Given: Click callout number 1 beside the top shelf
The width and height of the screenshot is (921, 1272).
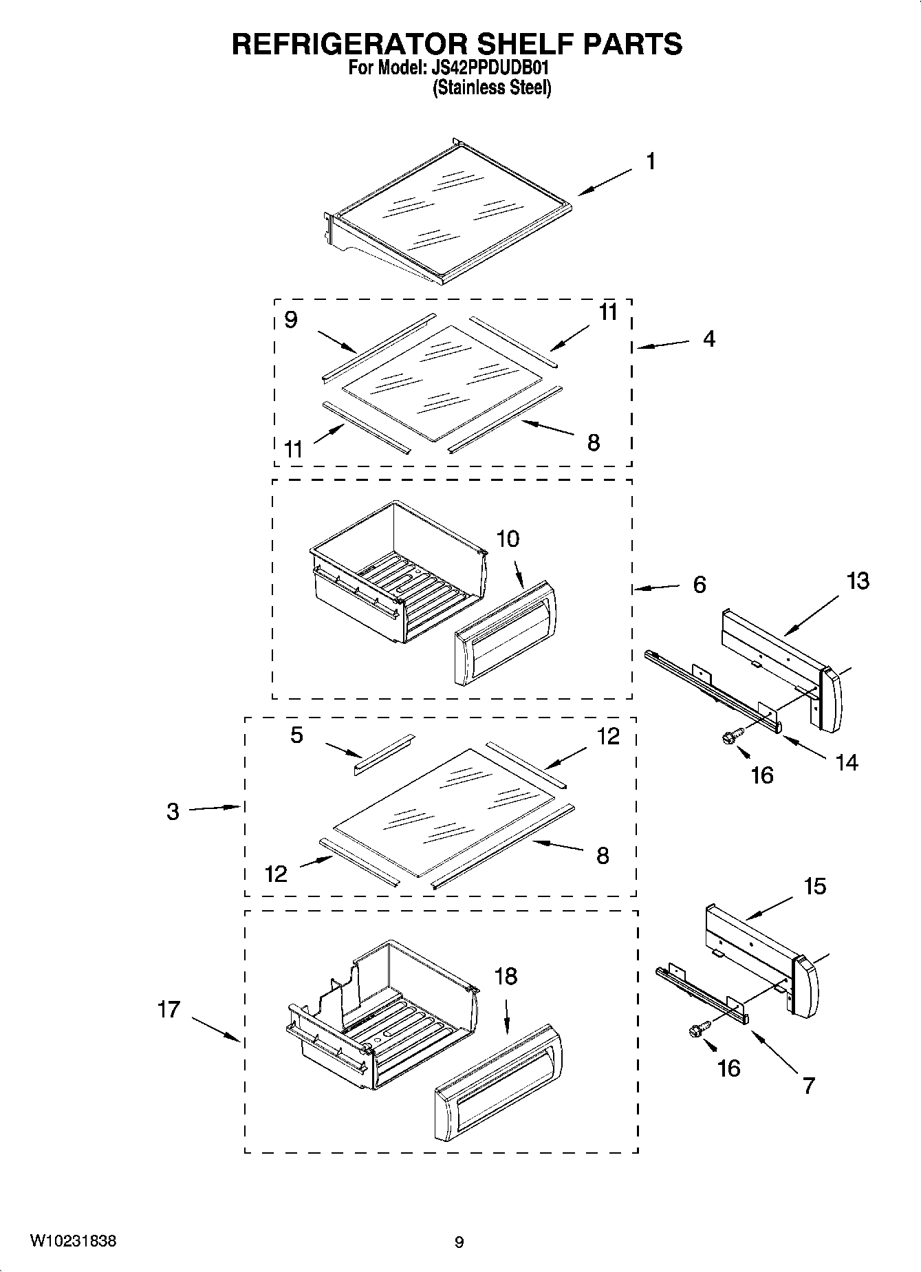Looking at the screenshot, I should click(650, 162).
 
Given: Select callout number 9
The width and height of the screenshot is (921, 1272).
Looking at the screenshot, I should click(291, 320).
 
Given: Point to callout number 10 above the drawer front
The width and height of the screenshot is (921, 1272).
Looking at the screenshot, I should click(508, 539).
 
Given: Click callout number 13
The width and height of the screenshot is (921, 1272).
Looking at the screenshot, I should click(858, 581).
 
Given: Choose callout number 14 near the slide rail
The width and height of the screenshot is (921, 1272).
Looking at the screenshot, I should click(847, 762).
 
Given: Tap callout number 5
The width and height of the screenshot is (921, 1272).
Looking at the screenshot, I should click(296, 735).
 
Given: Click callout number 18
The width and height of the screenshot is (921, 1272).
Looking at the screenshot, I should click(506, 976).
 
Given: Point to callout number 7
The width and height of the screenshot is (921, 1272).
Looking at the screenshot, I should click(809, 1086).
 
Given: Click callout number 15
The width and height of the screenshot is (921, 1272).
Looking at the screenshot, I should click(814, 886).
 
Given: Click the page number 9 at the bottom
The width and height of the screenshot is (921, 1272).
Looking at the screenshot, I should click(459, 1242).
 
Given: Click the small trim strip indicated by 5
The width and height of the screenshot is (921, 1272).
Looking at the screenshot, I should click(384, 754).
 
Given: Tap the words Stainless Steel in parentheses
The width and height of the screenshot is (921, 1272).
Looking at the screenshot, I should click(492, 88).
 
